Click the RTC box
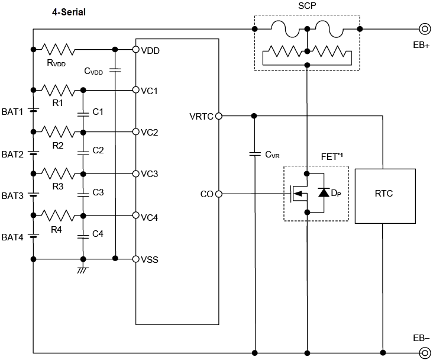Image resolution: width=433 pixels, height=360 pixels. (384, 194)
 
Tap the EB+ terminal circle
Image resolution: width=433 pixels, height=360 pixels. (424, 28)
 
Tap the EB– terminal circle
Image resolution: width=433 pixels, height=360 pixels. (424, 353)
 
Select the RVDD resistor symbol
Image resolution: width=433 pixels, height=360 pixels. (57, 49)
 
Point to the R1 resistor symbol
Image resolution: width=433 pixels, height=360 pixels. (57, 90)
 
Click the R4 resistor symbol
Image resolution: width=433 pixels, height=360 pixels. (57, 214)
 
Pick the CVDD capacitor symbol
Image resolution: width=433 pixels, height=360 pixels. (115, 70)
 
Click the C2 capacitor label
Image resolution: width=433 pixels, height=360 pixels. (98, 150)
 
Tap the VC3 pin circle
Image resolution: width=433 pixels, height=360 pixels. (135, 173)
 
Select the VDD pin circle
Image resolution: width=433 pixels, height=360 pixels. (135, 49)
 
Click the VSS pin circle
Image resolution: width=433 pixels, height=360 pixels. (135, 259)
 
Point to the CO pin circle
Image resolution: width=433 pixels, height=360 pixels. (219, 194)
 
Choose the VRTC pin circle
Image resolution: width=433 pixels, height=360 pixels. (219, 115)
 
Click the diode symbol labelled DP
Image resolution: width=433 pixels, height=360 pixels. (324, 192)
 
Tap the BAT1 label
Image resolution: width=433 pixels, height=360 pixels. (12, 111)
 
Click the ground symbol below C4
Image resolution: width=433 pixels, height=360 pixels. (83, 270)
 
